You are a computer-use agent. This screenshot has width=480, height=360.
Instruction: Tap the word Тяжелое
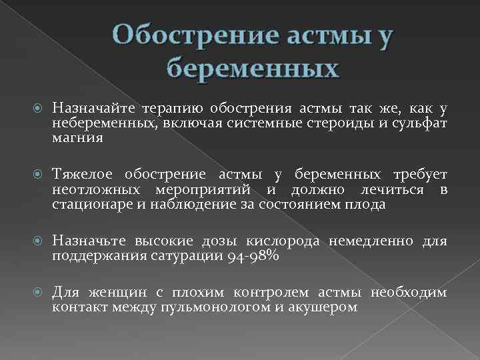(87, 175)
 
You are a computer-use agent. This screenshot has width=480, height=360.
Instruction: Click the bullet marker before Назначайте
(39, 108)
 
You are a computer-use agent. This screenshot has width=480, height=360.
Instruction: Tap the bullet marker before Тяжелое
(39, 175)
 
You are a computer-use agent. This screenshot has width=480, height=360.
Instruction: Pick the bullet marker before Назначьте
(39, 241)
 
